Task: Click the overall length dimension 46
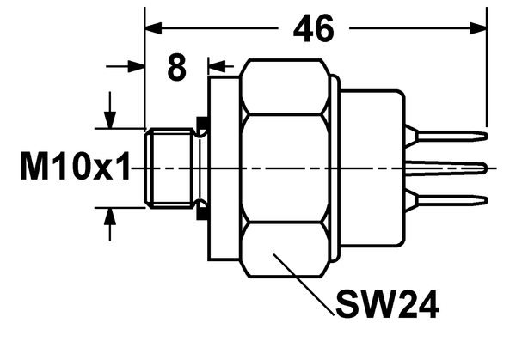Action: click(x=314, y=29)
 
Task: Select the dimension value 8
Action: click(x=176, y=68)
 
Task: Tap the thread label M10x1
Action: click(x=75, y=166)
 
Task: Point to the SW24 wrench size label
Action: click(x=387, y=304)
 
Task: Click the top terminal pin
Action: click(x=445, y=136)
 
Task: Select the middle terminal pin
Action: click(x=445, y=168)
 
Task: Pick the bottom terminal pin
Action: click(x=445, y=200)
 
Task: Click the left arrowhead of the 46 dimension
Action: click(x=153, y=28)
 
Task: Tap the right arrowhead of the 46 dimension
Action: click(x=478, y=28)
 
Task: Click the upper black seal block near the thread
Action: click(x=202, y=122)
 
